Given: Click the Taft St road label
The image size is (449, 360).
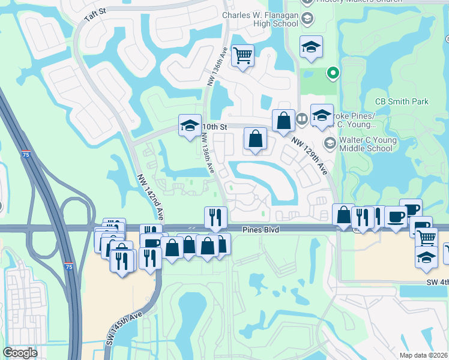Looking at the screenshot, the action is (95, 14).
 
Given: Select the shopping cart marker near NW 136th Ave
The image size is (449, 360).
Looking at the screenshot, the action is (243, 56).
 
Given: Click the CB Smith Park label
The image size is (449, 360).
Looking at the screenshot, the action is (402, 101).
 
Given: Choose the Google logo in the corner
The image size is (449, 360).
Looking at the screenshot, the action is (20, 353).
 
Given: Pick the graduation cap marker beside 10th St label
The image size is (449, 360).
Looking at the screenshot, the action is (190, 126).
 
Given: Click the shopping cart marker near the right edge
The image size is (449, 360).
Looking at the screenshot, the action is (426, 237).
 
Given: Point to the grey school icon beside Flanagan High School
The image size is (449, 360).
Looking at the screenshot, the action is (307, 19).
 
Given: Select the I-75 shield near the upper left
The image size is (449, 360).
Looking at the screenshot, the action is (26, 154).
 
